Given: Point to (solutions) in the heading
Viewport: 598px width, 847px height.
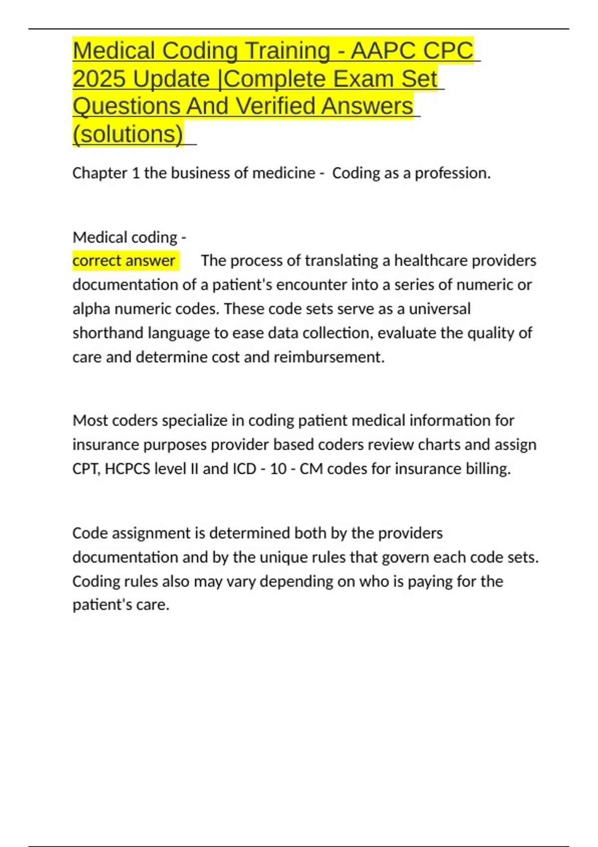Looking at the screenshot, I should [x=128, y=134].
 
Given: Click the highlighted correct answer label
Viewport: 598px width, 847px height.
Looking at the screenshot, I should [x=124, y=261].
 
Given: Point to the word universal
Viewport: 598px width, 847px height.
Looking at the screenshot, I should [x=439, y=309].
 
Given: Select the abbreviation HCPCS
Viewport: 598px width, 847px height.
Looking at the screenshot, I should [x=127, y=469].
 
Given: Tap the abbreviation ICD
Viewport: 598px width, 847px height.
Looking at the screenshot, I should [x=244, y=469].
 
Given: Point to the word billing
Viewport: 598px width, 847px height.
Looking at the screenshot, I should [x=488, y=469].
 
